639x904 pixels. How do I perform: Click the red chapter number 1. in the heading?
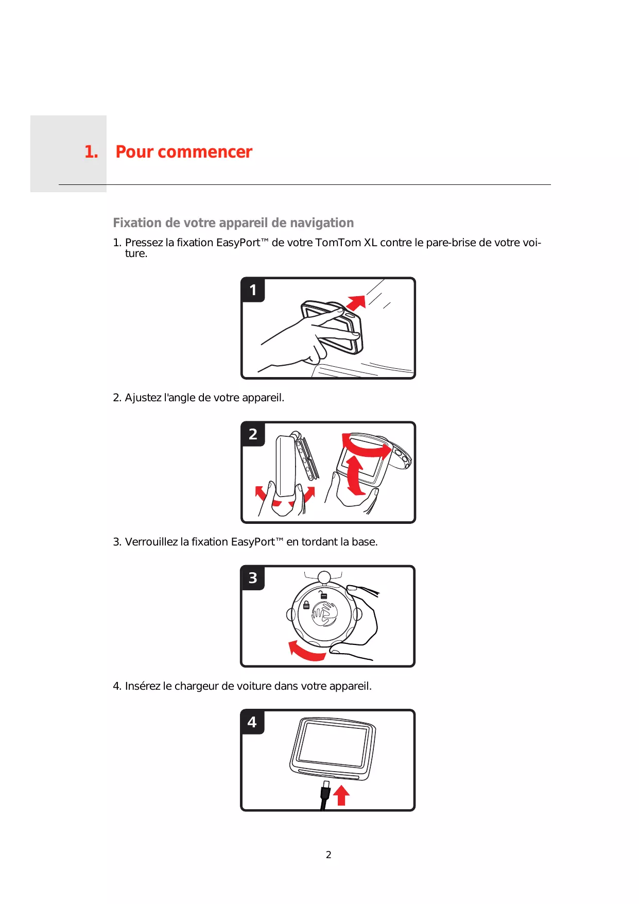(x=91, y=152)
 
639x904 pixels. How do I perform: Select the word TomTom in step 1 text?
(x=338, y=243)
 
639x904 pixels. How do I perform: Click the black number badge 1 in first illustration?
(x=253, y=290)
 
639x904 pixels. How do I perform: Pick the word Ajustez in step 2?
(x=143, y=398)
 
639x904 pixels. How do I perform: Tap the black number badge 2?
(x=253, y=434)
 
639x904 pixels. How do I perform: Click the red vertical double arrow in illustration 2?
(x=354, y=474)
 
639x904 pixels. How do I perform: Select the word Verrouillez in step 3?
(x=151, y=542)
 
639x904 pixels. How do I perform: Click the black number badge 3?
(x=253, y=578)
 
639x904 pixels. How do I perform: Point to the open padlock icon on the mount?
(x=323, y=595)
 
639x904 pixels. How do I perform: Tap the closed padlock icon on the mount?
(x=306, y=605)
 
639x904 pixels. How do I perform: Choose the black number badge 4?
(x=252, y=722)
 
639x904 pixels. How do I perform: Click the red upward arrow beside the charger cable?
(x=341, y=795)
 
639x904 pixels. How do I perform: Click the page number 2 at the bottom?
(x=329, y=855)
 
